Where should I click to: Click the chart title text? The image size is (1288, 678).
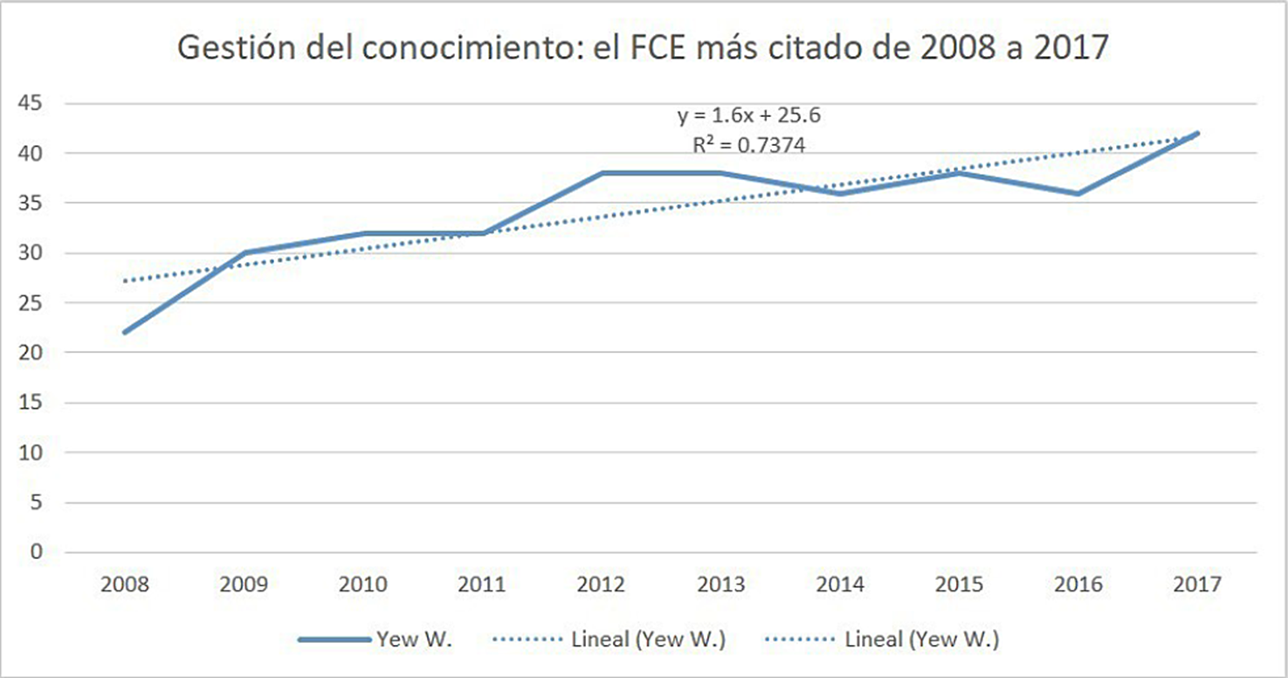pyautogui.click(x=643, y=47)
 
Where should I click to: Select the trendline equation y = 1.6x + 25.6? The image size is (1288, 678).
pyautogui.click(x=749, y=116)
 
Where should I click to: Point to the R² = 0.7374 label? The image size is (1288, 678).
pyautogui.click(x=749, y=144)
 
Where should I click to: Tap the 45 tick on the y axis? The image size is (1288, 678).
pyautogui.click(x=31, y=104)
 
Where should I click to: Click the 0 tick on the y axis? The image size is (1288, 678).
pyautogui.click(x=37, y=551)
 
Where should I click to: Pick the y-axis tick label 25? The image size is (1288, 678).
pyautogui.click(x=31, y=303)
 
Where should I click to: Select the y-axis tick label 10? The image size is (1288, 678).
pyautogui.click(x=31, y=453)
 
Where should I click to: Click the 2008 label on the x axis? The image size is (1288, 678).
pyautogui.click(x=125, y=585)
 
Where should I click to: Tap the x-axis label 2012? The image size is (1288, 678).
pyautogui.click(x=602, y=585)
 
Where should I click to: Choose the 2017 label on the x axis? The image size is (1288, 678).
pyautogui.click(x=1197, y=585)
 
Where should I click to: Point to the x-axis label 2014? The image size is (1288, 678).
pyautogui.click(x=840, y=585)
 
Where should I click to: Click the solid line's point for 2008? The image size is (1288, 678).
pyautogui.click(x=126, y=332)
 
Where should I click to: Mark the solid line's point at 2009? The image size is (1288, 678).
pyautogui.click(x=245, y=253)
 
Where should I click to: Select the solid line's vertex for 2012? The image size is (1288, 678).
pyautogui.click(x=602, y=173)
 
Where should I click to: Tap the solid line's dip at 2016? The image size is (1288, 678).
pyautogui.click(x=1078, y=193)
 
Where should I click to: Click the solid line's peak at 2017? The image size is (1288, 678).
pyautogui.click(x=1197, y=134)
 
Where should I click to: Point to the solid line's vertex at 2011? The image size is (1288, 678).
pyautogui.click(x=483, y=233)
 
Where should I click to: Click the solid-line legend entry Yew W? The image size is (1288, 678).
pyautogui.click(x=375, y=639)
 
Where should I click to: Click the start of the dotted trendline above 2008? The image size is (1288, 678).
pyautogui.click(x=126, y=280)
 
